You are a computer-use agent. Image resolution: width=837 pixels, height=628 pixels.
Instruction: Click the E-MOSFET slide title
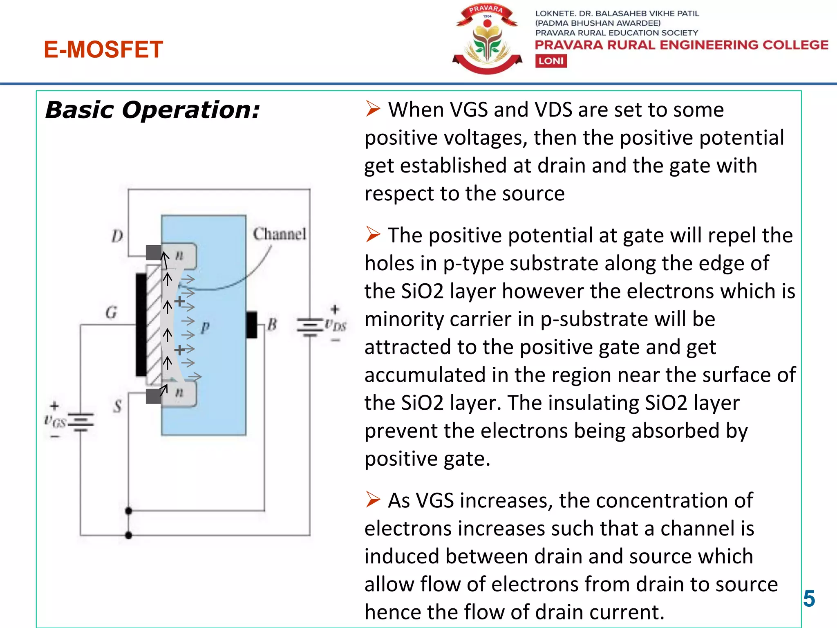point(103,49)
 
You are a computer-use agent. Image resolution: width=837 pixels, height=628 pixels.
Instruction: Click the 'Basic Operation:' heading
point(152,110)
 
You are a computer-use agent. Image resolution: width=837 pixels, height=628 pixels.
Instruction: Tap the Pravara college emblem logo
point(487,39)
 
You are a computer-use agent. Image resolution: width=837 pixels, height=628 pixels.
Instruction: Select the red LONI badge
point(551,61)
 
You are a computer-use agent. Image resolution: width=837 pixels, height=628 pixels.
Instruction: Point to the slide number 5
point(809,599)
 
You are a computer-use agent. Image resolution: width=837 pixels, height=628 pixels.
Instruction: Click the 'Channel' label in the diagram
point(280,234)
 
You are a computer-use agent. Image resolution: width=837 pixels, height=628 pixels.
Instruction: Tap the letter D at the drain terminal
point(117,236)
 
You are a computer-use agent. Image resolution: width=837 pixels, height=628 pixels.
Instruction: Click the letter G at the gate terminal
point(111,313)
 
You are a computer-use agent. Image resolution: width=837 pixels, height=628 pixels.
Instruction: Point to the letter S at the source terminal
point(118,406)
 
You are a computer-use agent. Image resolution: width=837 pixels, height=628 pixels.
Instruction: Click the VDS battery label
point(336,325)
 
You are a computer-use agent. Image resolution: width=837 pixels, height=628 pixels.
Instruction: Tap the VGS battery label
point(55,421)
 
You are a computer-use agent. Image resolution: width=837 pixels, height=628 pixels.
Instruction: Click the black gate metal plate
point(141,325)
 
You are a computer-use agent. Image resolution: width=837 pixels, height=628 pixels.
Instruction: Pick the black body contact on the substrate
point(252,325)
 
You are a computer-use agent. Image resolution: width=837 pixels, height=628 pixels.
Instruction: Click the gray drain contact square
point(154,252)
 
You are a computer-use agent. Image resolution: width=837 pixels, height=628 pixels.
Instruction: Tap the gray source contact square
point(154,396)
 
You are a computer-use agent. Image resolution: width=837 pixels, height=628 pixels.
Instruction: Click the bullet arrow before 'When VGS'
point(373,109)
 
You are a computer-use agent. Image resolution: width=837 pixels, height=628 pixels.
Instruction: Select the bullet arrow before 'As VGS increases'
point(373,500)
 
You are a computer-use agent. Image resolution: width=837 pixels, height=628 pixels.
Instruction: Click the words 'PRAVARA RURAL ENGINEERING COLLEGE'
point(681,45)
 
